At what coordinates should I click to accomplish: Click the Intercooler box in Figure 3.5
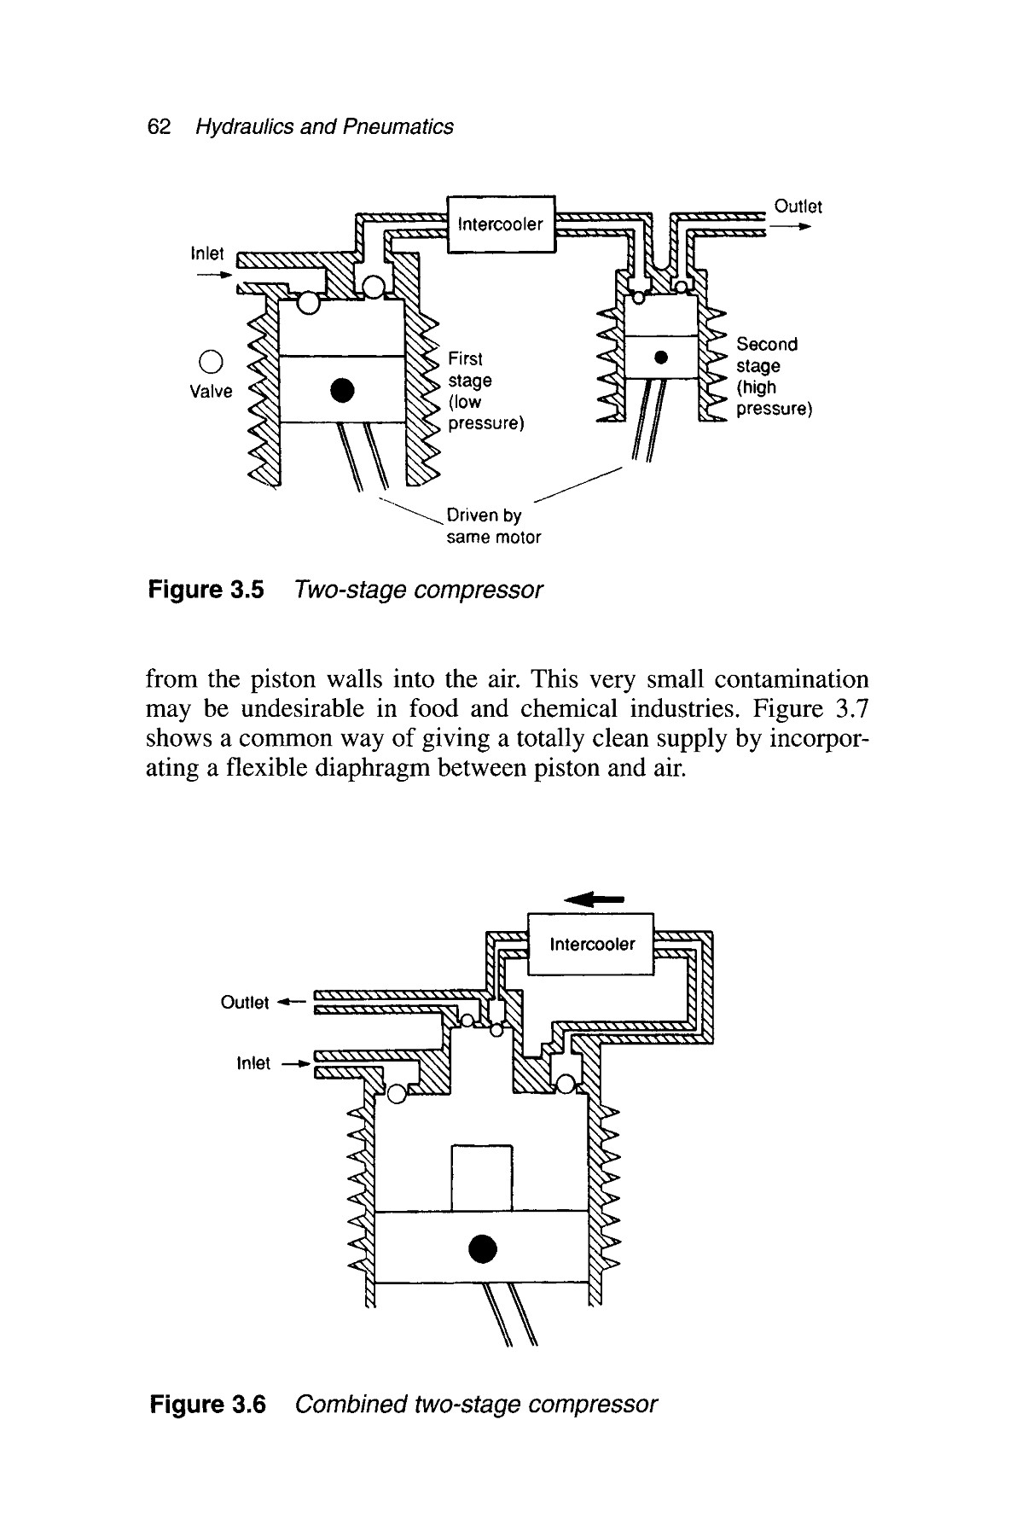tap(501, 224)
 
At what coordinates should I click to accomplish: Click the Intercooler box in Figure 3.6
tap(591, 944)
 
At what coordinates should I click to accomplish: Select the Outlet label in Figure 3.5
tap(798, 207)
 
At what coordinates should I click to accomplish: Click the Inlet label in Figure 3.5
tap(207, 253)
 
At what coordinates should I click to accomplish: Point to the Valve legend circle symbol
tap(210, 361)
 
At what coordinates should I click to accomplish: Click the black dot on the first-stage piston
tap(341, 389)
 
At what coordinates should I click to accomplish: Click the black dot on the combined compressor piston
tap(482, 1247)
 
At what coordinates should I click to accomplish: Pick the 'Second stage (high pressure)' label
tap(772, 376)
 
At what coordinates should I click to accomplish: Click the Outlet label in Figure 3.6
tap(245, 1002)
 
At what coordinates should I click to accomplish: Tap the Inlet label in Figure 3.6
tap(252, 1063)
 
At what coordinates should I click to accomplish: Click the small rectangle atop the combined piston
tap(481, 1178)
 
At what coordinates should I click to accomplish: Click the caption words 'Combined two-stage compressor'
tap(475, 1404)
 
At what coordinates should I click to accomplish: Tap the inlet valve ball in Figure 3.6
tap(397, 1093)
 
